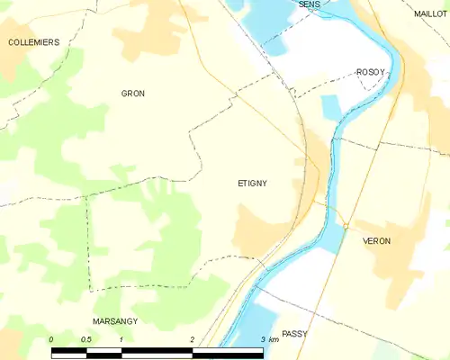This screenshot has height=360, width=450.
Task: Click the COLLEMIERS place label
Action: click(33, 42)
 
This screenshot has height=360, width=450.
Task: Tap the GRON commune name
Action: click(133, 94)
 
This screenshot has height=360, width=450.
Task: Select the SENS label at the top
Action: click(309, 4)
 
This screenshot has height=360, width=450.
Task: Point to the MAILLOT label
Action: click(431, 14)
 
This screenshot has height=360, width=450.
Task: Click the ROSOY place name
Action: click(370, 72)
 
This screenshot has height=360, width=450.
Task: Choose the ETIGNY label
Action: click(252, 183)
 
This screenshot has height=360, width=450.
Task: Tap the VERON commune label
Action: click(376, 241)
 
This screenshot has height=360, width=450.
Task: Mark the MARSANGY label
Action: click(115, 320)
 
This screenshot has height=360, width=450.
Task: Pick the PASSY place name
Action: click(294, 333)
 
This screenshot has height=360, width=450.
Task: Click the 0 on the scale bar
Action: click(51, 338)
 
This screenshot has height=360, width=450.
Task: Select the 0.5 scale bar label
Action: click(85, 338)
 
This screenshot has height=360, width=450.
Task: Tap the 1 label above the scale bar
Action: click(121, 338)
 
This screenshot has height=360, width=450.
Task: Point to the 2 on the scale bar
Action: click(193, 338)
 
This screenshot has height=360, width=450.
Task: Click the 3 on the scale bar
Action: click(262, 338)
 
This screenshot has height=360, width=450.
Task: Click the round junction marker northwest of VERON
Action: click(345, 225)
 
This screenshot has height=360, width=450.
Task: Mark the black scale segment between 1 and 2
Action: click(157, 349)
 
